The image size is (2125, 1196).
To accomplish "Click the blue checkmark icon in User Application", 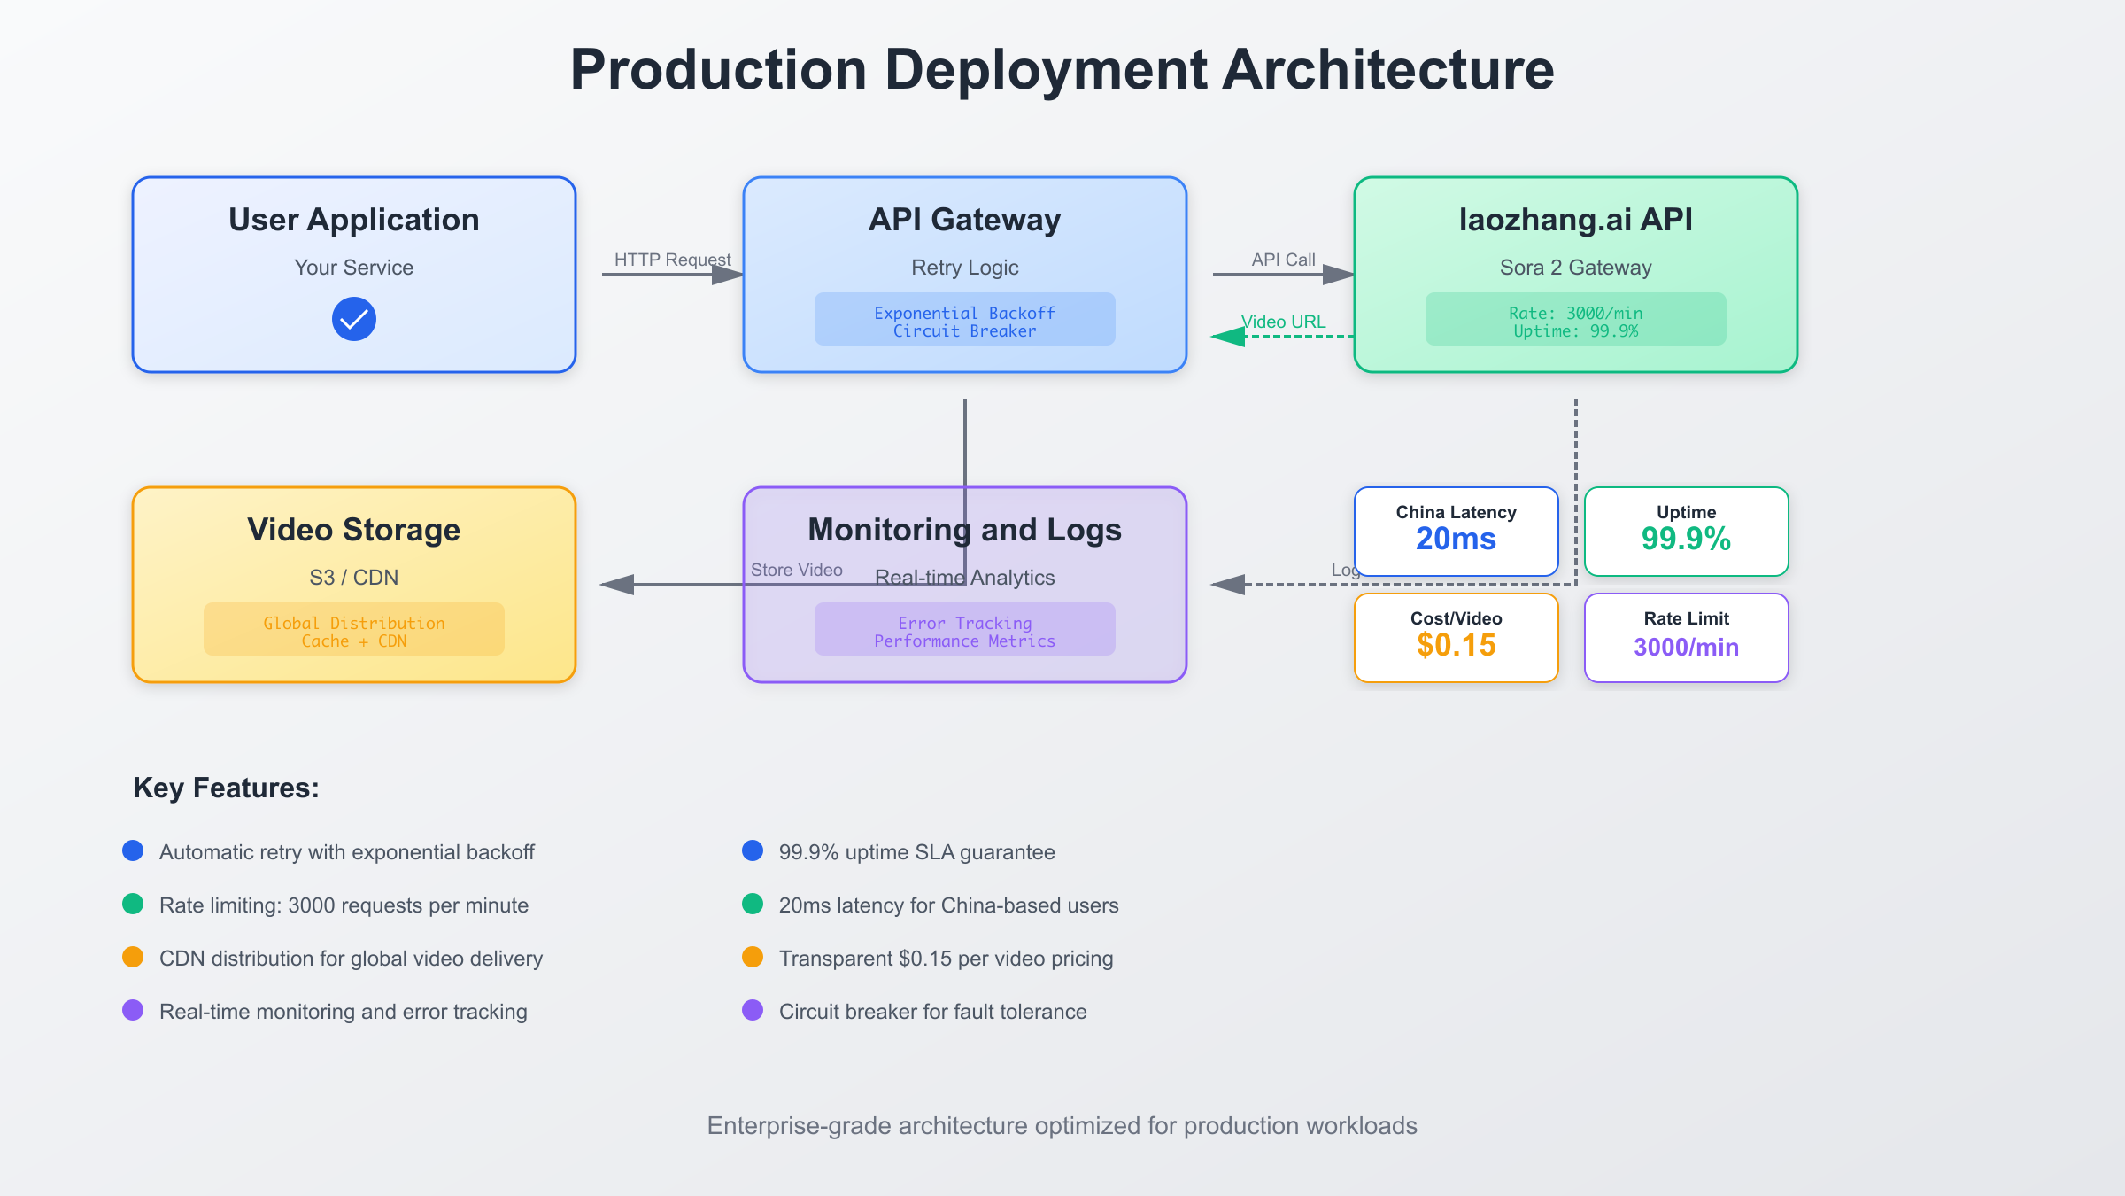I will [x=353, y=319].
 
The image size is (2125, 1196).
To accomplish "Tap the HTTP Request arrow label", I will [x=672, y=260].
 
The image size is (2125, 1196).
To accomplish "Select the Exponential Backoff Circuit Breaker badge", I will [x=964, y=321].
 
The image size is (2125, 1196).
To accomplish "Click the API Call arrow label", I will [x=1282, y=260].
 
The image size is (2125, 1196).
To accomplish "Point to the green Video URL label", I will [x=1283, y=322].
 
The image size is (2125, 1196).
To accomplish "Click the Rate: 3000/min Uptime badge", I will [x=1575, y=321].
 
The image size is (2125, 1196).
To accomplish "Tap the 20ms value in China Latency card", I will [x=1456, y=539].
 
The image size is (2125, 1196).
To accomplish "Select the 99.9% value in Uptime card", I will [x=1685, y=539].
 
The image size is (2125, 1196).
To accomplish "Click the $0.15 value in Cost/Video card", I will [x=1456, y=645].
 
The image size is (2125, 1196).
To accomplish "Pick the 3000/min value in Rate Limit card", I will [x=1685, y=647].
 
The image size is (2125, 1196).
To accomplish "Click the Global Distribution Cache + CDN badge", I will [x=353, y=631].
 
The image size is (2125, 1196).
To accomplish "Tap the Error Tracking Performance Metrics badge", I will [x=964, y=631].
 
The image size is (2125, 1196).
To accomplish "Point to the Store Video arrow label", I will [x=796, y=570].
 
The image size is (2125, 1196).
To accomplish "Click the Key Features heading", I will [x=226, y=788].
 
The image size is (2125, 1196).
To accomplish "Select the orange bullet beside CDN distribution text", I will [x=133, y=957].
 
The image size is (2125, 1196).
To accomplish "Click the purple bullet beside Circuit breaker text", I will [x=753, y=1010].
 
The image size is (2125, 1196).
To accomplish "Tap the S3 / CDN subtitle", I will [x=353, y=578].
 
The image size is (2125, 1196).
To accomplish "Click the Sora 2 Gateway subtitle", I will [x=1575, y=268].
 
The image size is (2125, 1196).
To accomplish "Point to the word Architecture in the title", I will [x=1387, y=69].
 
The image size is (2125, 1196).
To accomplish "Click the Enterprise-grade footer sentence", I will [x=1062, y=1125].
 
